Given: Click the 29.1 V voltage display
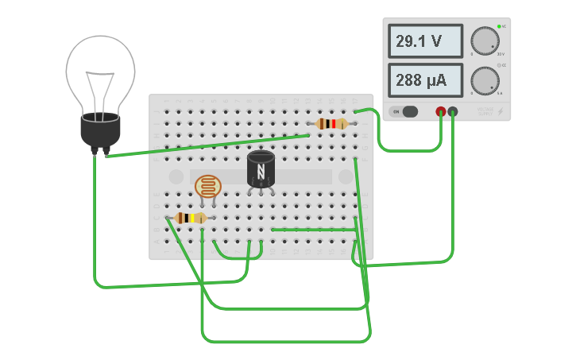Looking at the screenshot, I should point(425,41).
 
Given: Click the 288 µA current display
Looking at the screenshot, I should point(425,79).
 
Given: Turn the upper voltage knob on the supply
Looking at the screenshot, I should point(484,41).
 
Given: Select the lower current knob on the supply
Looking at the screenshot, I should point(484,79).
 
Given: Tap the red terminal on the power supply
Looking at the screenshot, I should point(441,112).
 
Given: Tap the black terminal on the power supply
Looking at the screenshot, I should point(453,112).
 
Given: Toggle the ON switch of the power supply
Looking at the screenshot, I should point(405,111).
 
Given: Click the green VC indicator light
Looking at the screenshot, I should point(499,27).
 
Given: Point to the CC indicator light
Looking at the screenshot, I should point(499,65).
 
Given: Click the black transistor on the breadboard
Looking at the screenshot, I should point(261,169).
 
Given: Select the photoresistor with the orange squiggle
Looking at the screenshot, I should point(208,187).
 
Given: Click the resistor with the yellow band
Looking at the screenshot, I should point(191,218).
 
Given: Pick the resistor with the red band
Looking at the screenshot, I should point(331,123).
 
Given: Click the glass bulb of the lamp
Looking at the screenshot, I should point(100,72).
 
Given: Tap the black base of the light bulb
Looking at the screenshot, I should point(100,131).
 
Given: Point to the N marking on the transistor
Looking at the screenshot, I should point(261,171).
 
